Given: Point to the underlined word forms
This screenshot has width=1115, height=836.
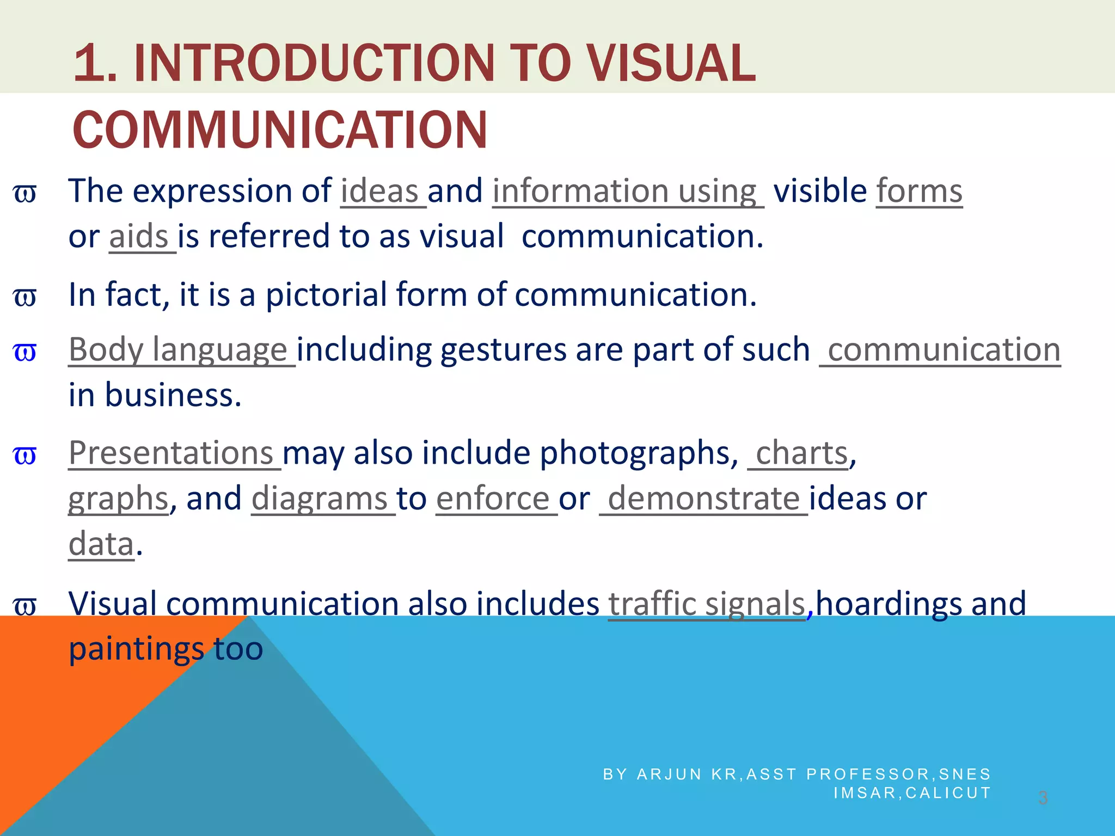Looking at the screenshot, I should pos(919,192).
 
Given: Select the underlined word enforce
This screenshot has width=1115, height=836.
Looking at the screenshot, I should pos(493,499).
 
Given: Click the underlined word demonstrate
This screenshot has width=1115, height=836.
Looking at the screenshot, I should pos(703,499).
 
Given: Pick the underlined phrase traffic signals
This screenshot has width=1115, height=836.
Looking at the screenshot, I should pos(706,604).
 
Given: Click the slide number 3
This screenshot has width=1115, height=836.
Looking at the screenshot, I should pos(1043,798).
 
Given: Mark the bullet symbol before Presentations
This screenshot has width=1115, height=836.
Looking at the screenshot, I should pos(24,455).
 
